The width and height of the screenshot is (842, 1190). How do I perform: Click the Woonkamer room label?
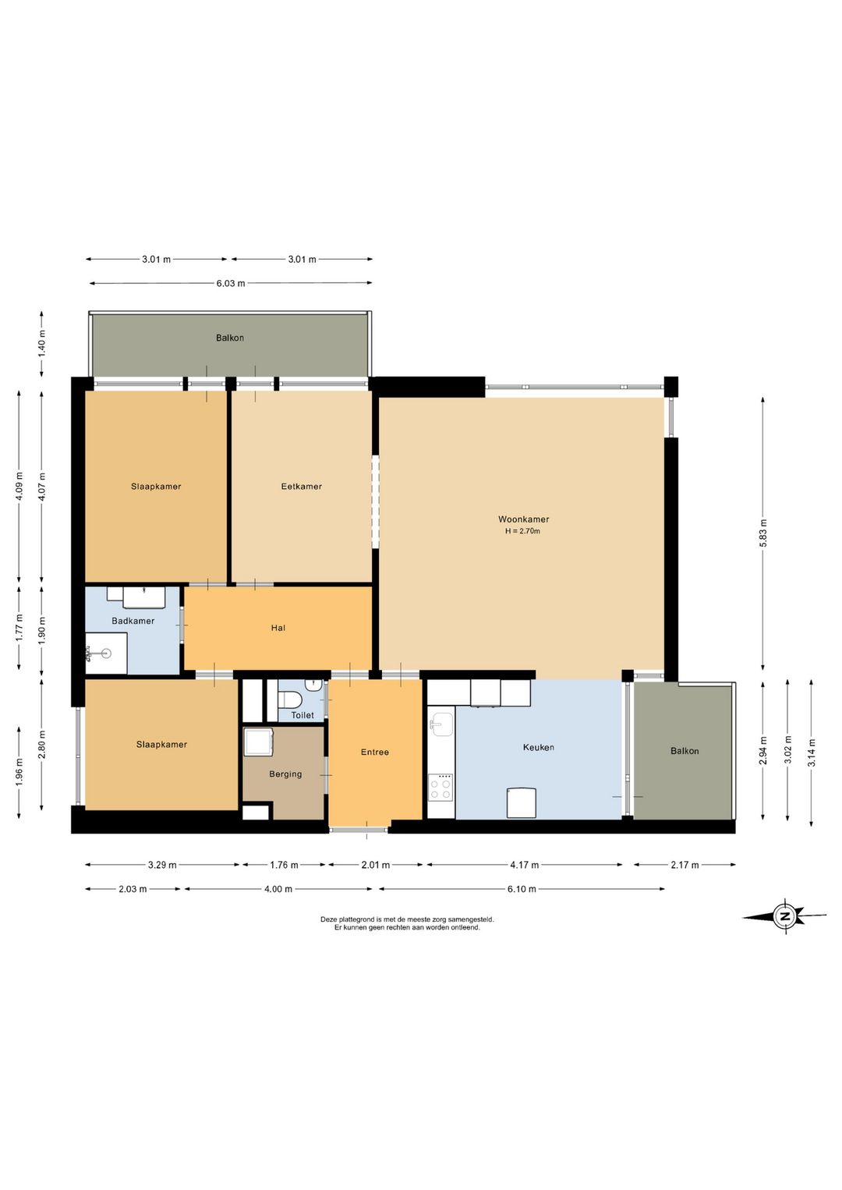pos(523,519)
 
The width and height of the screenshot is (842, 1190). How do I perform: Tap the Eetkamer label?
pos(301,486)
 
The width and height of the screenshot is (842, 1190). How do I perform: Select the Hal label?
pos(278,628)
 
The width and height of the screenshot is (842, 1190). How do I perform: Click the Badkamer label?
pos(133,621)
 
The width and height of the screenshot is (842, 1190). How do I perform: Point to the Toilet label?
pos(302,715)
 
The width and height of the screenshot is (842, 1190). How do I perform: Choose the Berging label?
pos(285,774)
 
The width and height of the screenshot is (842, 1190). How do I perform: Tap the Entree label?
pos(374,752)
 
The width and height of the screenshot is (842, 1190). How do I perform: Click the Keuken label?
pos(538,747)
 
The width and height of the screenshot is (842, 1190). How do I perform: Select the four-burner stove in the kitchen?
pos(441,788)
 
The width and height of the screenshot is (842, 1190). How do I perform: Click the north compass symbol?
pos(784,916)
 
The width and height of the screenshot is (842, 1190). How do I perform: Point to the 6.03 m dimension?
pos(231,283)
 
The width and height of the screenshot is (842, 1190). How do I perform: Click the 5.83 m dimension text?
pos(762,533)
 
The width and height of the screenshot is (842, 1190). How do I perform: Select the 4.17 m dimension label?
pos(525,865)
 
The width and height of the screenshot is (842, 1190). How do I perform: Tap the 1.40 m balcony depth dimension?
pos(42,344)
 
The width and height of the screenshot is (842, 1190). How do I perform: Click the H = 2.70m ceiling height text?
pos(522,531)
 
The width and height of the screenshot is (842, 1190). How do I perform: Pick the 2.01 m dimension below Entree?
pos(376,865)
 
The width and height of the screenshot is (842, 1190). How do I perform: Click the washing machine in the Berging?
pos(258,741)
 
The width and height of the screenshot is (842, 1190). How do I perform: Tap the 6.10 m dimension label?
pos(521,889)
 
